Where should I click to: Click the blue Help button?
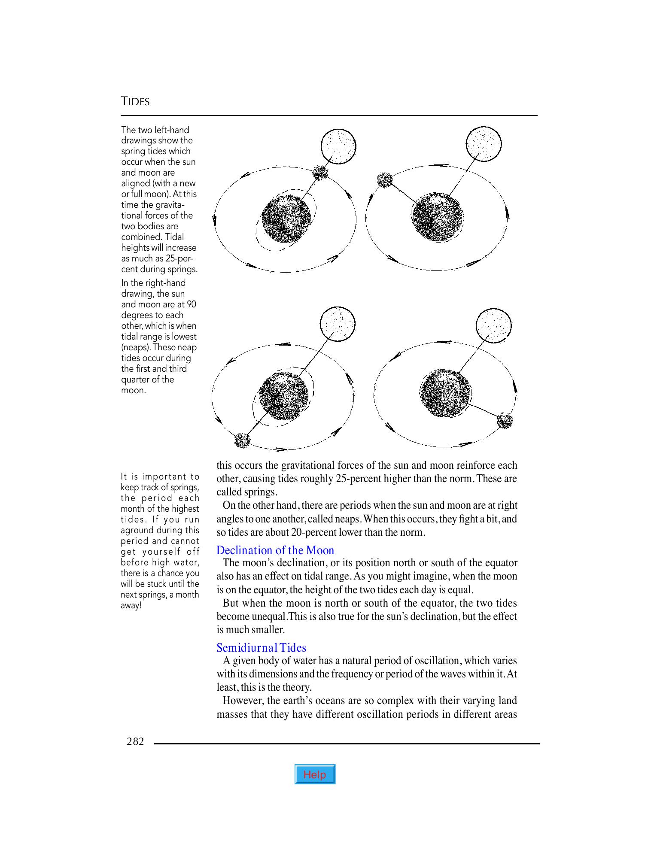315,774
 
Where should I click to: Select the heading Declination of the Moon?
275,550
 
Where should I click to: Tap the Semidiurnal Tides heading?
261,647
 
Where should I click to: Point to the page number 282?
135,741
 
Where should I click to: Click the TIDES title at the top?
135,102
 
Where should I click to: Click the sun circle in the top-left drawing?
339,146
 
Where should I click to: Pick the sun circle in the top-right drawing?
484,144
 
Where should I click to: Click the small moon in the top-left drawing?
320,173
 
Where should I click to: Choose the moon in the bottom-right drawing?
505,420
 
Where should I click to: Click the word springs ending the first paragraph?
262,492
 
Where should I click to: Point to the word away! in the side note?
131,606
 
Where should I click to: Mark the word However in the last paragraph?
243,701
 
